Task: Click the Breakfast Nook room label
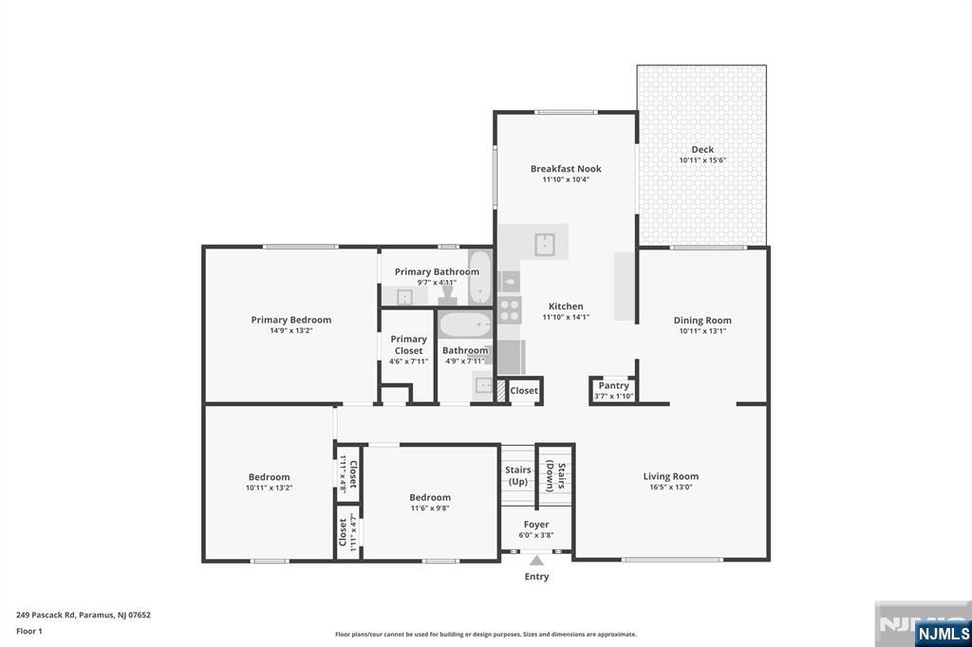pos(566,169)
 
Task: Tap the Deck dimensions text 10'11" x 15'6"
pos(702,160)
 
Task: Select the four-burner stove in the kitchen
pos(510,309)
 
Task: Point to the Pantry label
pos(613,385)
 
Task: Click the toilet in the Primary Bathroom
pos(448,297)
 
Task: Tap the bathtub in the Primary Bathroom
pos(480,275)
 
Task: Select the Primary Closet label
pos(408,344)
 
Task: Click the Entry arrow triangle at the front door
pos(536,561)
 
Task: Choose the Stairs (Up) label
pos(517,475)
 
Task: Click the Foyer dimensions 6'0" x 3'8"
pos(536,535)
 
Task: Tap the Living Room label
pos(670,476)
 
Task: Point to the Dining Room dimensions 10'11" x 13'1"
pos(702,331)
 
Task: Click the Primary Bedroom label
pos(290,320)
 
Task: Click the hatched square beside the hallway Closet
pos(501,389)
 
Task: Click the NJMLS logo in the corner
pos(943,632)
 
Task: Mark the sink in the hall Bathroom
pos(484,385)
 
